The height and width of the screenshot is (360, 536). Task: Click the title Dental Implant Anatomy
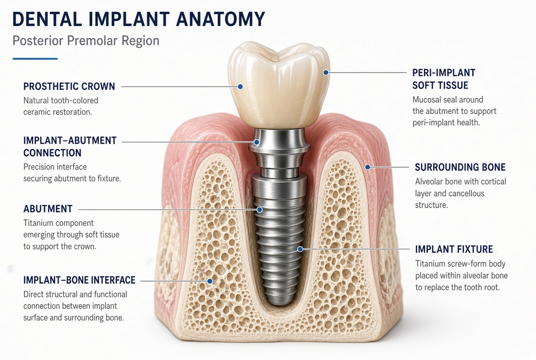(139, 19)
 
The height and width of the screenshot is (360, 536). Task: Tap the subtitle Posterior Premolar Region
(86, 41)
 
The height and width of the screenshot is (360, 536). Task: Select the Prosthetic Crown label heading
(69, 86)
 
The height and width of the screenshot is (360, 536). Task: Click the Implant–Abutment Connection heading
(70, 146)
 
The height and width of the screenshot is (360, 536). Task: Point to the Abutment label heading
(48, 209)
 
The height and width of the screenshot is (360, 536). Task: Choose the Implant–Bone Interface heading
(79, 280)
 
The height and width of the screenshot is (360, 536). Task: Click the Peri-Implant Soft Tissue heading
(444, 79)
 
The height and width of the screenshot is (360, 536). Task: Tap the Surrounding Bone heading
(460, 167)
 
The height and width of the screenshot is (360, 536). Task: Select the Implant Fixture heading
(454, 249)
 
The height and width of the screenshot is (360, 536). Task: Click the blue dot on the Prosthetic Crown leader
(240, 87)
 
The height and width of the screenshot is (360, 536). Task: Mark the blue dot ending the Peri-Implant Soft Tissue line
(326, 73)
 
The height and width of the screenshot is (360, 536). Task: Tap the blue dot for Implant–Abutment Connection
(257, 142)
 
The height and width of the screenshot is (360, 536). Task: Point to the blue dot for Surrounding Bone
(368, 167)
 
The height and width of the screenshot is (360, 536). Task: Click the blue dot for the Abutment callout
(259, 209)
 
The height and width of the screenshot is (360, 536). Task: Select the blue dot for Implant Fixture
(300, 249)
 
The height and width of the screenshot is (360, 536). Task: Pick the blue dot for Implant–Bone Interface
(210, 281)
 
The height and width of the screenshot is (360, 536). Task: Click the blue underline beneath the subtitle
(35, 59)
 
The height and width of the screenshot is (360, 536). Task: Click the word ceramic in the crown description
(37, 112)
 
